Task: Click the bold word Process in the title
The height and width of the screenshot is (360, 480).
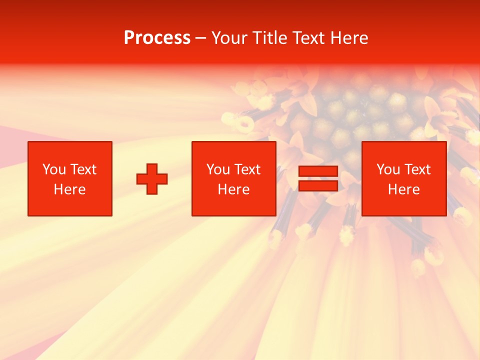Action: (157, 38)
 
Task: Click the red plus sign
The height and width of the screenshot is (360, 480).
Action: (152, 179)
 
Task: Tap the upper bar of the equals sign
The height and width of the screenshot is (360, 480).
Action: (318, 171)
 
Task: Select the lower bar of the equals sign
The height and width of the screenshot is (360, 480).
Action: (318, 186)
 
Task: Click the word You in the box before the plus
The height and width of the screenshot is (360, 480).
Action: (54, 169)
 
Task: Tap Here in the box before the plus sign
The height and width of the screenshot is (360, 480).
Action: (69, 189)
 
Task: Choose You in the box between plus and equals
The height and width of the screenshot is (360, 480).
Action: (218, 169)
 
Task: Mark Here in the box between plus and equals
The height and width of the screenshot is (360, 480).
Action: (233, 189)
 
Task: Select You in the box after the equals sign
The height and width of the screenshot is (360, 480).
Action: (388, 169)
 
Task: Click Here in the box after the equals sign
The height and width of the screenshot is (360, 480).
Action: (403, 189)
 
